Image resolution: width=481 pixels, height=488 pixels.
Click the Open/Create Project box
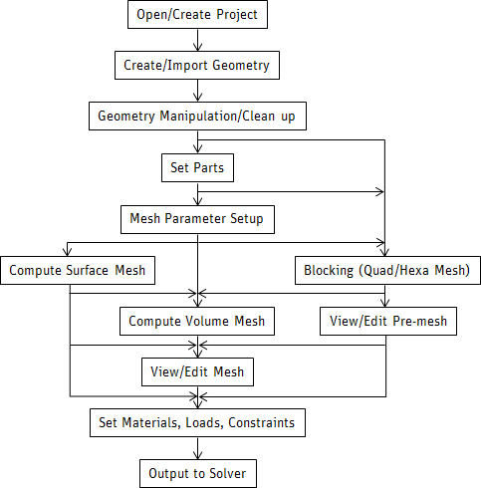click(198, 16)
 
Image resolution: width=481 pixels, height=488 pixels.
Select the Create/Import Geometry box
click(198, 66)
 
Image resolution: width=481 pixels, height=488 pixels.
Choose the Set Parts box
click(197, 167)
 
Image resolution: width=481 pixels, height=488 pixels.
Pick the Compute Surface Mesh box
click(79, 270)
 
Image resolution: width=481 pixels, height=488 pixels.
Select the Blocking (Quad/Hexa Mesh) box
click(387, 270)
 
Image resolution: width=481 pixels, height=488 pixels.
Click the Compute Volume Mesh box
click(197, 321)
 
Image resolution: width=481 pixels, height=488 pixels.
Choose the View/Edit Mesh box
click(197, 371)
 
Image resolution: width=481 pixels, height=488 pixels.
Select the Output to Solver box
click(197, 474)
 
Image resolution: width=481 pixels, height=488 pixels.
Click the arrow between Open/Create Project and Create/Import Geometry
click(198, 41)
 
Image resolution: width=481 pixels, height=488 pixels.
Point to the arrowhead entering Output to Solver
click(198, 455)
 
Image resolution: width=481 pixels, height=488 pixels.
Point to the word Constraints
click(260, 423)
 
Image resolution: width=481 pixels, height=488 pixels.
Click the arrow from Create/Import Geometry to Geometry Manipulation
click(198, 91)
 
